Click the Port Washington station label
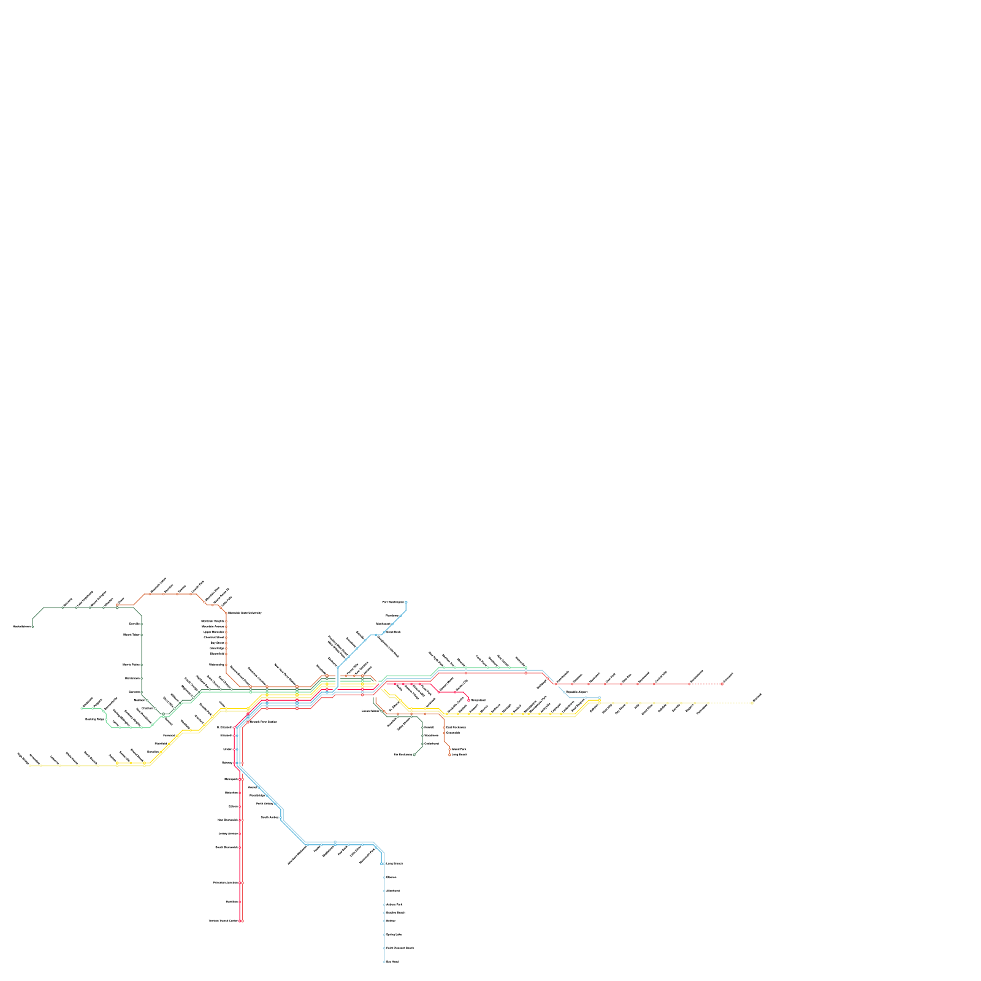click(x=392, y=602)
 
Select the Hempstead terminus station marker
click(x=469, y=700)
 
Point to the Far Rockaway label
click(x=402, y=755)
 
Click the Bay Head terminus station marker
click(x=384, y=961)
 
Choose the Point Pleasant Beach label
click(x=400, y=948)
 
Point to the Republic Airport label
click(x=577, y=692)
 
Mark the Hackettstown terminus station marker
click(x=32, y=627)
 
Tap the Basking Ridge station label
click(x=94, y=719)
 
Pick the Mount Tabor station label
click(x=131, y=635)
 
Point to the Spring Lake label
click(x=394, y=934)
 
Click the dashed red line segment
click(x=705, y=684)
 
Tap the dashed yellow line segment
click(x=730, y=703)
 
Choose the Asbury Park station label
click(x=395, y=904)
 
